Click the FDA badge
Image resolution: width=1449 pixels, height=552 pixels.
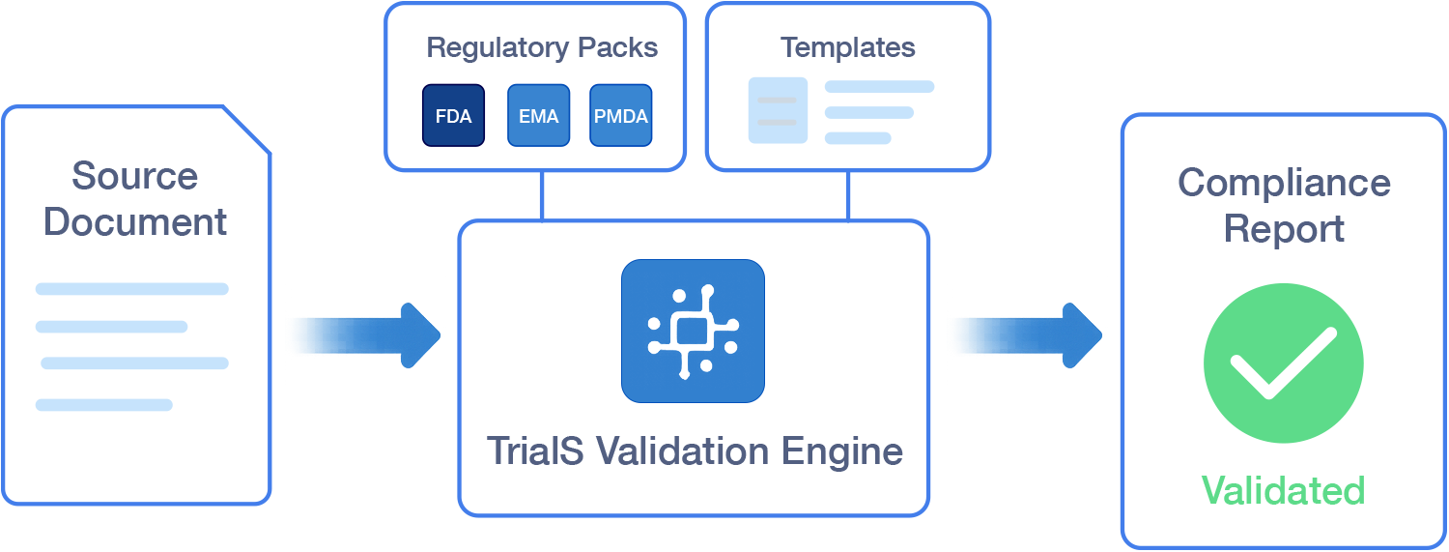click(453, 116)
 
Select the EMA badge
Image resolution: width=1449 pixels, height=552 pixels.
click(538, 116)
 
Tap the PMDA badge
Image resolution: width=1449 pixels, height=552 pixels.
click(620, 116)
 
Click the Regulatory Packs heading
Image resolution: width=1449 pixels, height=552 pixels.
click(542, 48)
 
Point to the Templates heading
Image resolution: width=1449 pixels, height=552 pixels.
click(847, 47)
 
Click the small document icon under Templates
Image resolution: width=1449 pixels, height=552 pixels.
click(778, 110)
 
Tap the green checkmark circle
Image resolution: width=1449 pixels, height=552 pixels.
click(1283, 363)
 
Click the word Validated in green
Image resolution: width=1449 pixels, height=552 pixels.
click(1283, 490)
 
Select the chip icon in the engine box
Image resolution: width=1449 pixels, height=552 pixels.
click(693, 331)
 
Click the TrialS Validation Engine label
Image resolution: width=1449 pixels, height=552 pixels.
click(695, 451)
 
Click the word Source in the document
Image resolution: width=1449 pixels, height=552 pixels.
click(134, 176)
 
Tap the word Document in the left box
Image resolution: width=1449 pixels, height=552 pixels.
click(134, 222)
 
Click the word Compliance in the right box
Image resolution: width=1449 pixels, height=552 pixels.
click(1284, 183)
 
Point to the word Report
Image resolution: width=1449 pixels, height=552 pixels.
click(1284, 229)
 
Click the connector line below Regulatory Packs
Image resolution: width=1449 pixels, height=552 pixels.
click(542, 196)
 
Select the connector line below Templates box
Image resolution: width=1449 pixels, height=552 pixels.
click(847, 196)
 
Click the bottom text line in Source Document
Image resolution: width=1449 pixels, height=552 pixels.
click(104, 405)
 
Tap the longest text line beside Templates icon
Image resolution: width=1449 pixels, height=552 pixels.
click(879, 87)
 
